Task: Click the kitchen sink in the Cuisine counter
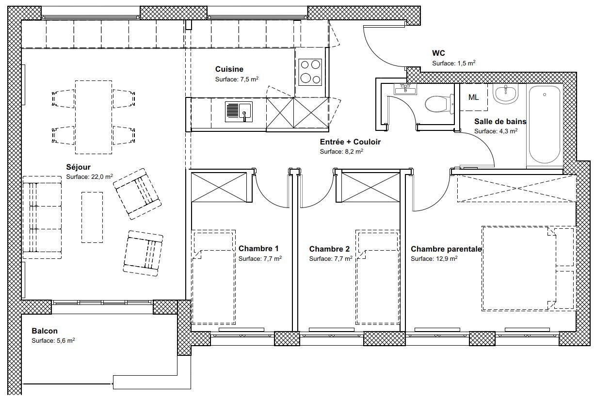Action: click(x=239, y=112)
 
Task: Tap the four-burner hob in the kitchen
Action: click(x=310, y=72)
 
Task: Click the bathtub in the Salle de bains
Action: click(x=545, y=125)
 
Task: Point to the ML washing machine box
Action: click(x=474, y=97)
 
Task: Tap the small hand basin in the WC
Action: click(x=405, y=90)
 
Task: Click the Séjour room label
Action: click(x=79, y=167)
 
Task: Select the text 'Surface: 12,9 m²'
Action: click(x=434, y=258)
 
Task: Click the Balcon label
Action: click(x=45, y=331)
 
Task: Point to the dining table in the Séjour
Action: click(x=94, y=117)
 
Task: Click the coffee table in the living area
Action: click(x=92, y=217)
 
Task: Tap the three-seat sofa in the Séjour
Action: click(x=42, y=217)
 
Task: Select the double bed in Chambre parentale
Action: click(x=529, y=268)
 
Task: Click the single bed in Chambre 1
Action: click(x=213, y=277)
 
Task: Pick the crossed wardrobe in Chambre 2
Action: click(x=370, y=187)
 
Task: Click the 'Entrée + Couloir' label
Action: click(x=350, y=142)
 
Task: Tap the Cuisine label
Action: click(x=229, y=69)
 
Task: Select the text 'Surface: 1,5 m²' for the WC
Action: click(x=454, y=63)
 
